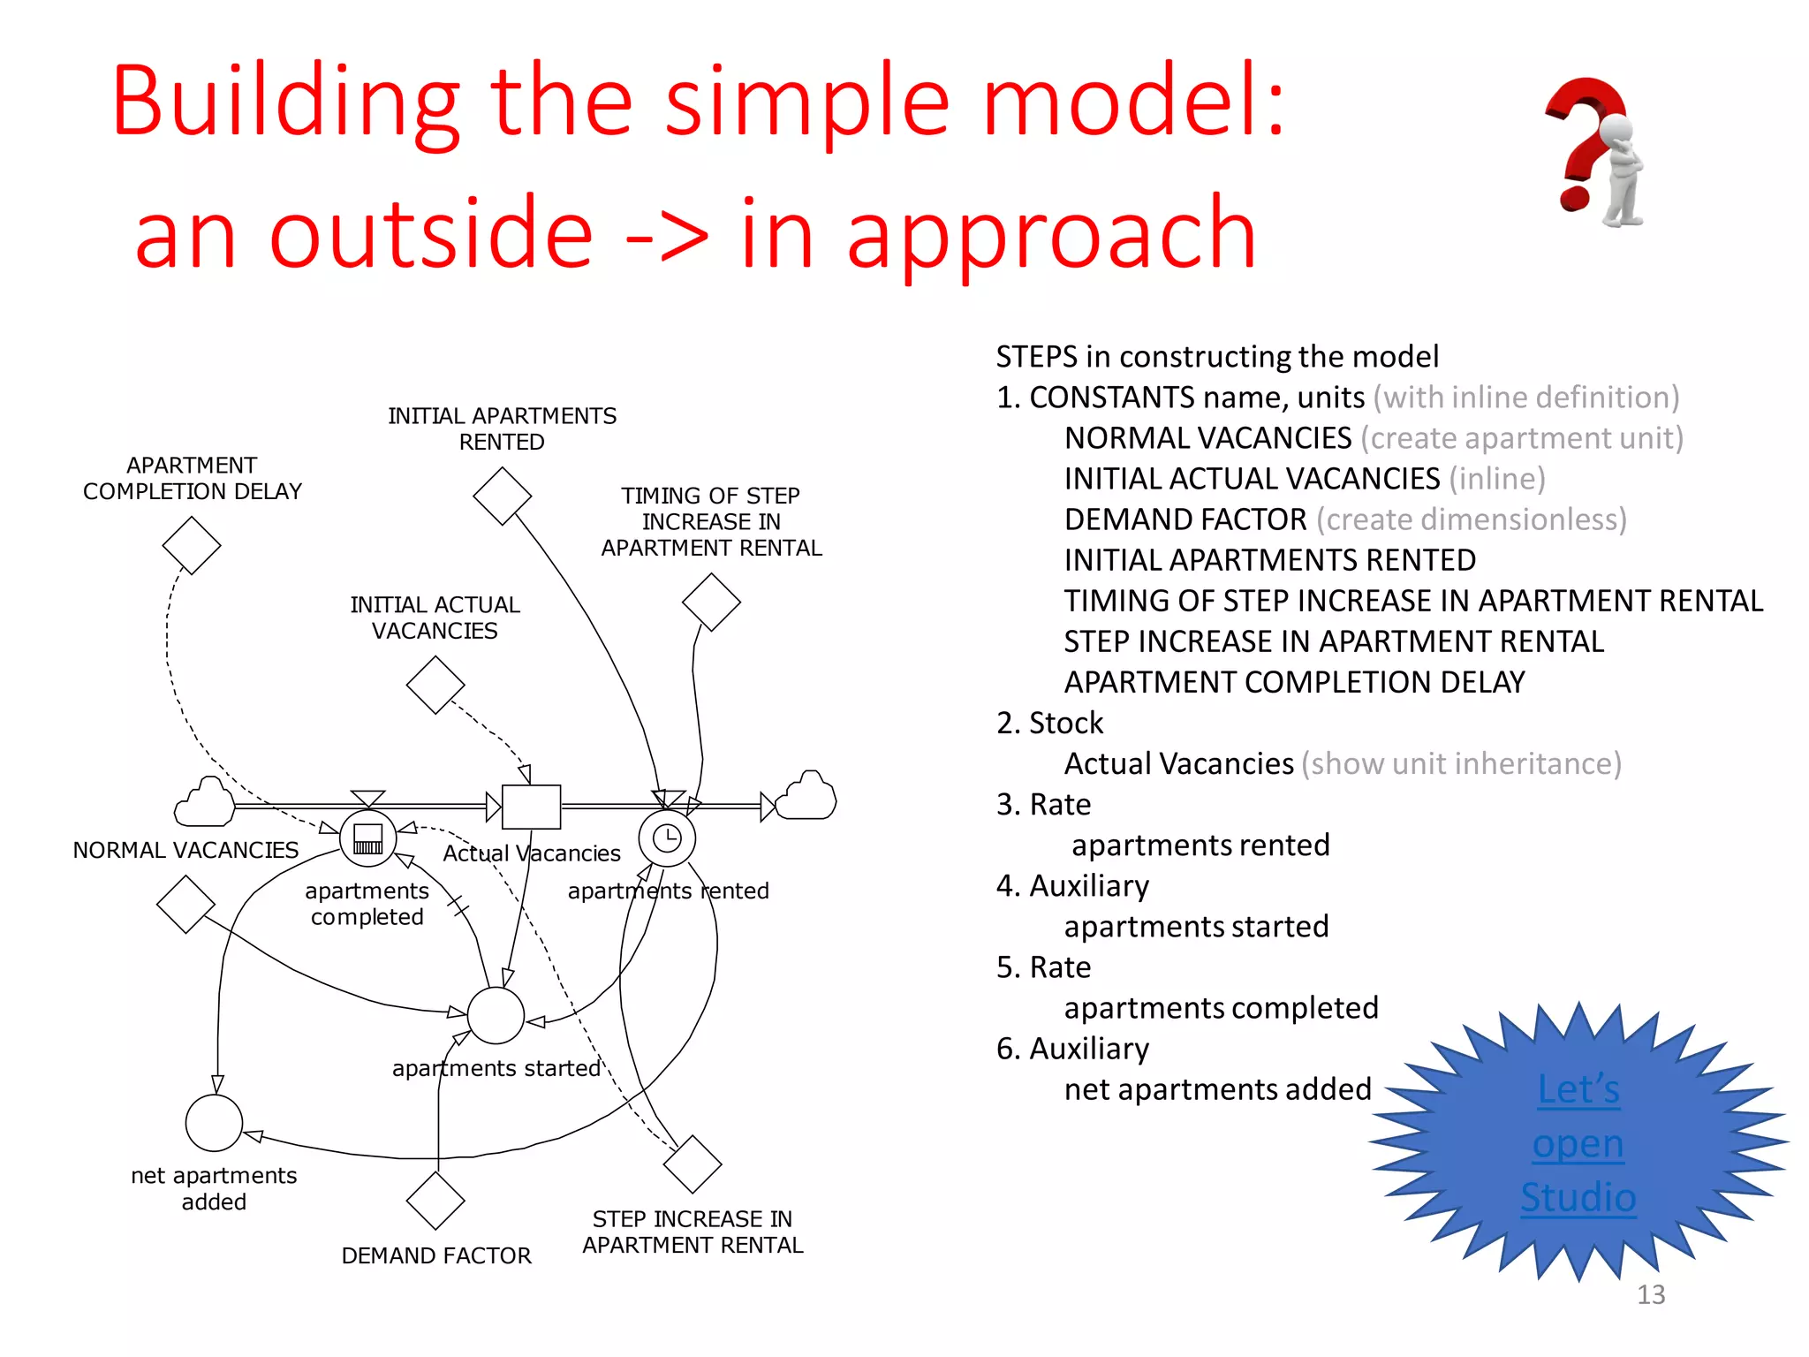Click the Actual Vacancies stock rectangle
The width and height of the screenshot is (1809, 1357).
[531, 807]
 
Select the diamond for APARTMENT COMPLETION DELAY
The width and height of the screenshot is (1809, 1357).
[192, 545]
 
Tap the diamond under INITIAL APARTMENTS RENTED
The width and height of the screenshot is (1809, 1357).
[503, 496]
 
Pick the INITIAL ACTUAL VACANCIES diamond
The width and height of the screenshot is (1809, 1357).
[435, 685]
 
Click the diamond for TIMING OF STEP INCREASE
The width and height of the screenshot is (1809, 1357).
[711, 603]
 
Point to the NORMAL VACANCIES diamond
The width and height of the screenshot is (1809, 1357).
[185, 905]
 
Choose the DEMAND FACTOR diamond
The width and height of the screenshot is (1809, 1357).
[435, 1201]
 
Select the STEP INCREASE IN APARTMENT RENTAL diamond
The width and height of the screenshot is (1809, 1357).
[693, 1164]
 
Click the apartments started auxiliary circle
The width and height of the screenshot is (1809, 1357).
[496, 1015]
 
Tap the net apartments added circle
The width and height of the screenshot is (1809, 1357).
[214, 1123]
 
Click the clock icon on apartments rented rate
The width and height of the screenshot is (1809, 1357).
[667, 838]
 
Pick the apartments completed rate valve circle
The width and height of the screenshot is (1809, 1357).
[367, 838]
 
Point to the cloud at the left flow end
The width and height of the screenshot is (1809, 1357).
[205, 802]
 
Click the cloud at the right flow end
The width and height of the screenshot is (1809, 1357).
[806, 797]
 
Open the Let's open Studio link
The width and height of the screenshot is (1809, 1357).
[1578, 1143]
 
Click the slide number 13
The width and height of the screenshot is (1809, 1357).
[1650, 1294]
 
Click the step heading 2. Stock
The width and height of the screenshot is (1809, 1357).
[1049, 723]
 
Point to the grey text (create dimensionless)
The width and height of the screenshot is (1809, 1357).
[1471, 519]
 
